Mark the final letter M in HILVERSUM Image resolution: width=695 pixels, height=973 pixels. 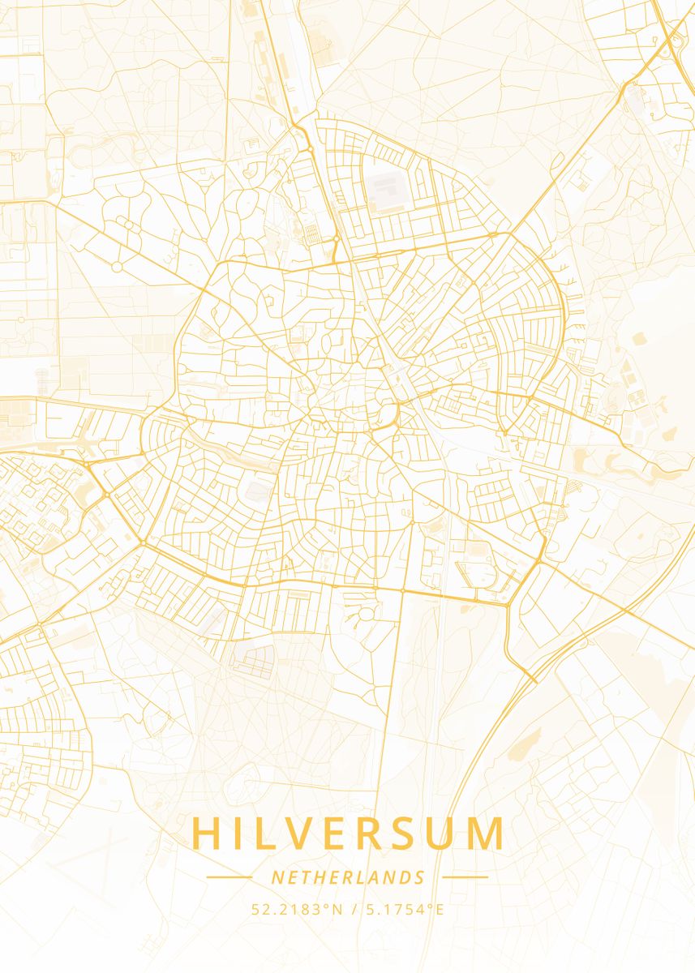pos(488,834)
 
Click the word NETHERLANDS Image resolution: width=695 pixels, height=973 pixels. pos(348,877)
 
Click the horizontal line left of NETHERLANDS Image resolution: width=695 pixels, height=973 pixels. pos(230,877)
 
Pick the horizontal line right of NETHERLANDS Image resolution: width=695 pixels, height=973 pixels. pos(465,877)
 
